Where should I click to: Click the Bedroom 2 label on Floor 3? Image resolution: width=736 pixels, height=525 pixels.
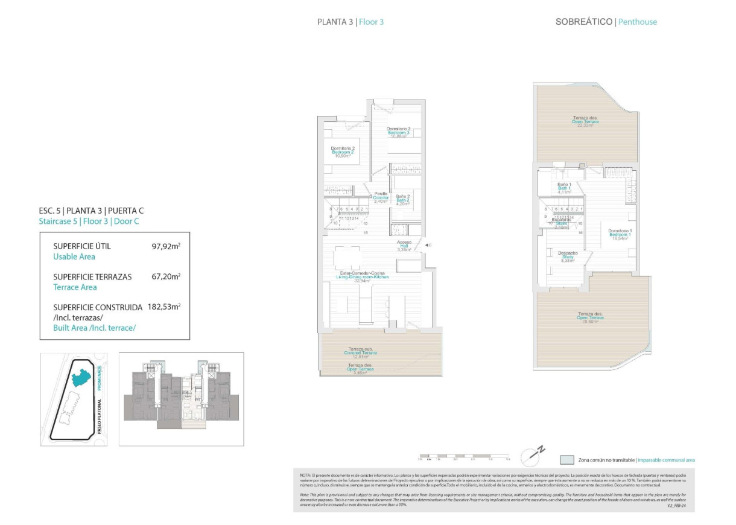point(343,152)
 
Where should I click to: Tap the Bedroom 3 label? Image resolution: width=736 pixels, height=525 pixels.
point(399,132)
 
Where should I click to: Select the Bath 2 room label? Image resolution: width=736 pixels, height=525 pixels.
point(403,200)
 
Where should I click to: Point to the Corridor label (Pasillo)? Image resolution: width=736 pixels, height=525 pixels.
point(381,197)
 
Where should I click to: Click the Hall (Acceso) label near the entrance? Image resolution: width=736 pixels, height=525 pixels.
point(404,246)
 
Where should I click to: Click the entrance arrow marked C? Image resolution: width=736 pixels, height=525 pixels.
point(428,245)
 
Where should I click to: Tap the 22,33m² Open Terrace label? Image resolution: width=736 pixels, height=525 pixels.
point(585,121)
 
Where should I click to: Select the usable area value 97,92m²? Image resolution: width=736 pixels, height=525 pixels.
point(166,246)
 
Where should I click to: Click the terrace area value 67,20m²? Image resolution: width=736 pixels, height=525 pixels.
point(166,277)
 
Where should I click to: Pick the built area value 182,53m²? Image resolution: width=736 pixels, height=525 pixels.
point(164,307)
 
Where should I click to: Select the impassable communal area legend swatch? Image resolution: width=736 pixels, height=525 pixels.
point(566,460)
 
